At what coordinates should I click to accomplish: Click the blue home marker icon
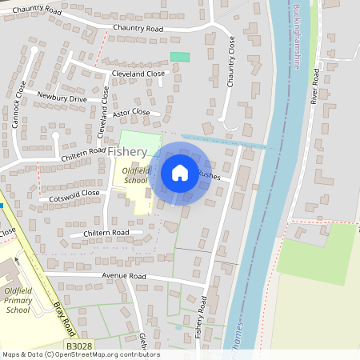click(x=180, y=172)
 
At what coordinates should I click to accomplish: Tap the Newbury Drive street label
click(x=62, y=98)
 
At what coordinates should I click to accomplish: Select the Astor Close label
click(x=130, y=114)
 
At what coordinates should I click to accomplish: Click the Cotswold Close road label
click(x=74, y=194)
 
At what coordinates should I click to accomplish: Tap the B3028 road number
click(x=79, y=346)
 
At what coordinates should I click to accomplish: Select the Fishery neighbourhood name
click(x=128, y=151)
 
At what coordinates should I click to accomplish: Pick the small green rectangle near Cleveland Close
click(x=180, y=57)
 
